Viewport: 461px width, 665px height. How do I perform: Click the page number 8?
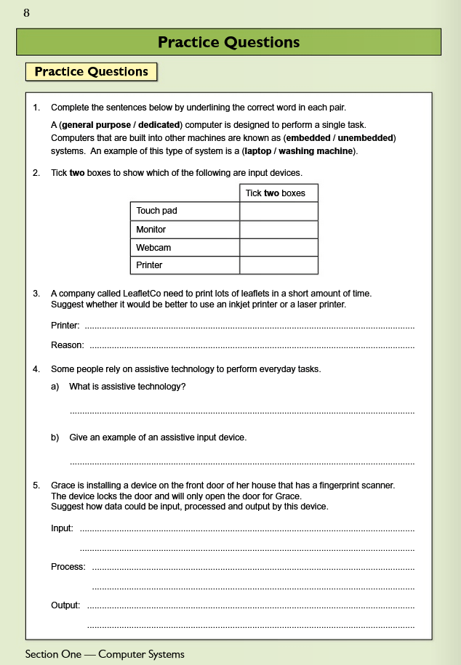pos(27,13)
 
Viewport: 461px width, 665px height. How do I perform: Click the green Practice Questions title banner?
pos(229,42)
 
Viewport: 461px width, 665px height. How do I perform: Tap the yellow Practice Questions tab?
pos(92,72)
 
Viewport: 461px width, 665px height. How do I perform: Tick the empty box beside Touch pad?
pos(278,211)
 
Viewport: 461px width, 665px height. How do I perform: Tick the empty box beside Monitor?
pos(278,229)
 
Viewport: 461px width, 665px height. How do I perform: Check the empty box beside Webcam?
pos(278,247)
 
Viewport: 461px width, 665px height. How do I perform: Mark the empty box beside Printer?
pos(278,265)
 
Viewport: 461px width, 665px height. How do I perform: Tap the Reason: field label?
pos(68,344)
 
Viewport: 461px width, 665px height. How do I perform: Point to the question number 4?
pos(36,369)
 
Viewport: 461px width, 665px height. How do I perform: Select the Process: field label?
pos(68,566)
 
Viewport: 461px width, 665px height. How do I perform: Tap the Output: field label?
pos(65,605)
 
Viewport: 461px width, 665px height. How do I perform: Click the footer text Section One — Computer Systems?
pos(105,654)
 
